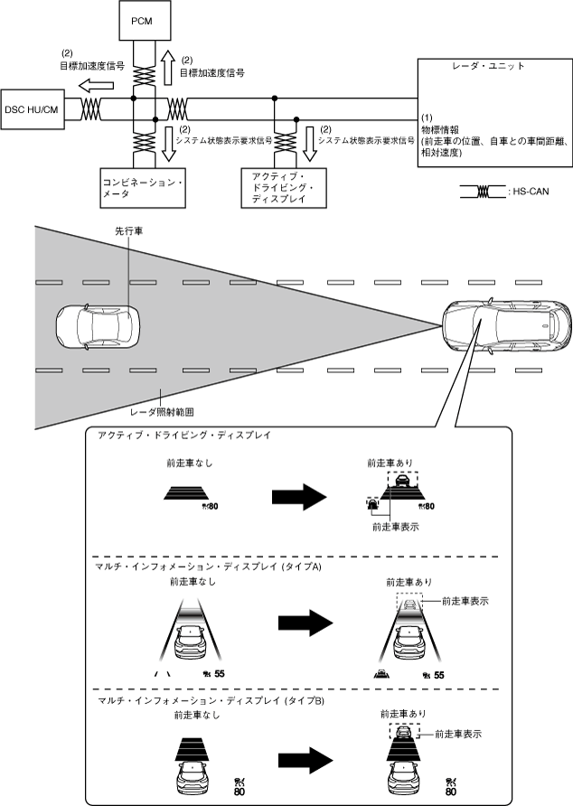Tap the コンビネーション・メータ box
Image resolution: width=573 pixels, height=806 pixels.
tap(140, 188)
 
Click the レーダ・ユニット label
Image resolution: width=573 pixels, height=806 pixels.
tap(488, 67)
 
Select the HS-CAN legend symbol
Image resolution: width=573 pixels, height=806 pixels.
tap(482, 192)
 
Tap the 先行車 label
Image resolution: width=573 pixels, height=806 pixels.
tap(128, 231)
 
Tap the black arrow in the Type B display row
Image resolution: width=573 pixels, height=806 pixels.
tap(308, 756)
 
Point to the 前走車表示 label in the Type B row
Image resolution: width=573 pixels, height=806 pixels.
tap(458, 735)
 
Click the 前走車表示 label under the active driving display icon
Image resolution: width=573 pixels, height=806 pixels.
tap(395, 527)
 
